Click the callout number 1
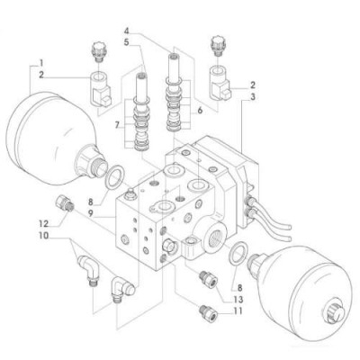(41, 63)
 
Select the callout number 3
(253, 97)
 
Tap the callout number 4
(127, 31)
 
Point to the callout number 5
(127, 42)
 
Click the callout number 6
(200, 111)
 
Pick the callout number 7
(118, 125)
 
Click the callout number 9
(90, 213)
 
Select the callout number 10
(43, 236)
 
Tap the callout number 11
(237, 310)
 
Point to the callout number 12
(44, 223)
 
